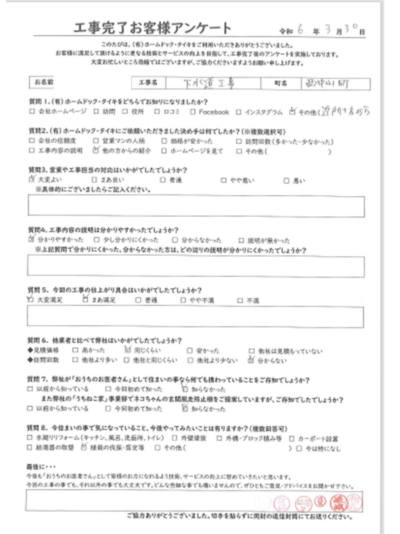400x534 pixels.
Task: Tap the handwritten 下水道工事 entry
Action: tap(204, 83)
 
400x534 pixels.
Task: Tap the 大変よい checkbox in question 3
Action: tap(31, 180)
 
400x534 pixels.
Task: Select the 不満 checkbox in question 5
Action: tap(240, 300)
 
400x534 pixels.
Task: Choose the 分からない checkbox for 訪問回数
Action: tap(252, 360)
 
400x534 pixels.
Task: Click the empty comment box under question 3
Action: tap(196, 206)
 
